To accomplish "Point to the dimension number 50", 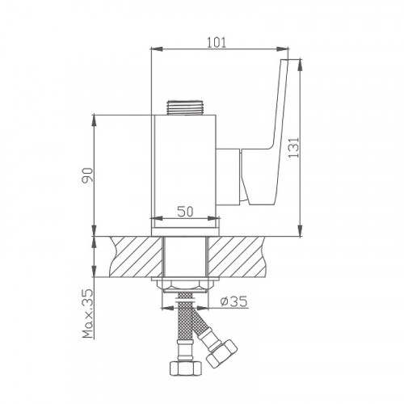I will (184, 211).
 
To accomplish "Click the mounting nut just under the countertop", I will (187, 285).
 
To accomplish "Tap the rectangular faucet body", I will (187, 170).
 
